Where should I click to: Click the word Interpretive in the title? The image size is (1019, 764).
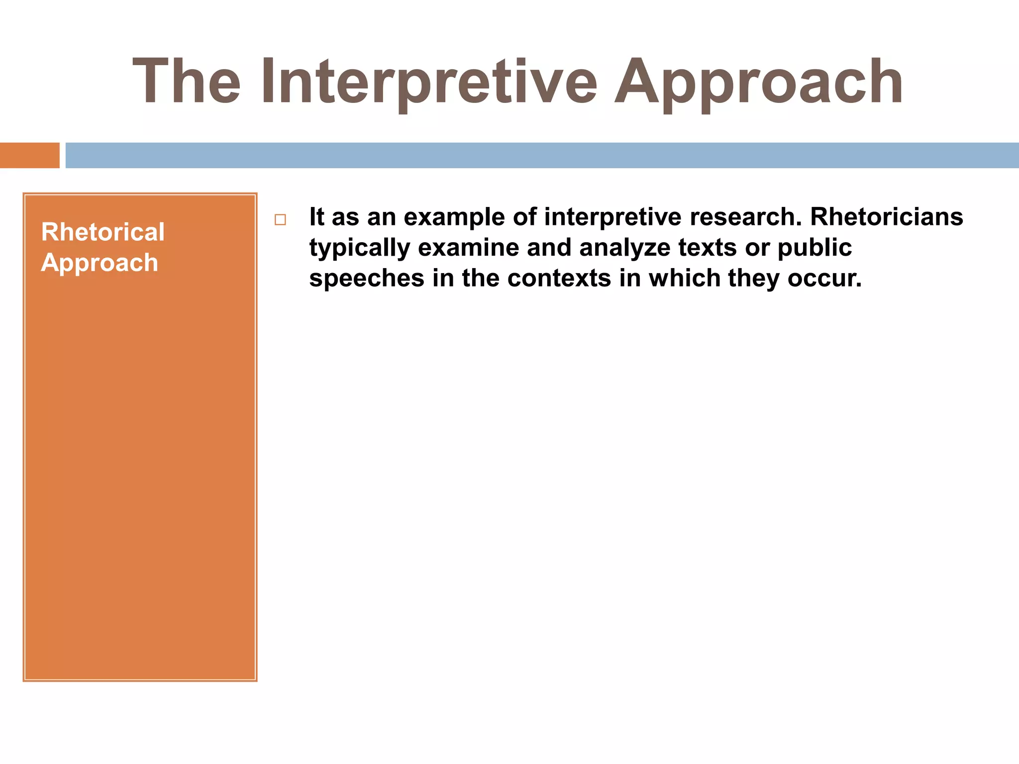pyautogui.click(x=428, y=82)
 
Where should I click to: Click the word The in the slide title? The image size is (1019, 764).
pyautogui.click(x=187, y=82)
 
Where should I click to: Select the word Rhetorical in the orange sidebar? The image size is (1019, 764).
pyautogui.click(x=102, y=232)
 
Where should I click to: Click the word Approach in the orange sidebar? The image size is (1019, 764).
pyautogui.click(x=100, y=263)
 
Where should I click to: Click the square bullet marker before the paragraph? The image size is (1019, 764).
pyautogui.click(x=280, y=219)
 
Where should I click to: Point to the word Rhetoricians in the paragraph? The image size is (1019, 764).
pyautogui.click(x=887, y=217)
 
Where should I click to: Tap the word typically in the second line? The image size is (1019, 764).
pyautogui.click(x=359, y=248)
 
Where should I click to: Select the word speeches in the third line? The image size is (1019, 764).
pyautogui.click(x=367, y=278)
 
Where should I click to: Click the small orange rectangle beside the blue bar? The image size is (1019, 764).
pyautogui.click(x=29, y=155)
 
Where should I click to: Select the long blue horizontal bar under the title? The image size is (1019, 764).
pyautogui.click(x=542, y=155)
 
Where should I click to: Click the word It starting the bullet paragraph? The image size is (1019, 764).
pyautogui.click(x=316, y=217)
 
